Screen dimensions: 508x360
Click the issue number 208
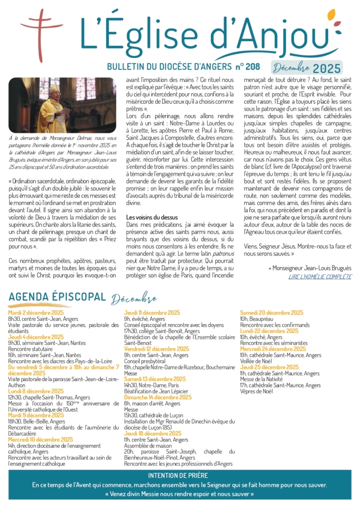(x=253, y=66)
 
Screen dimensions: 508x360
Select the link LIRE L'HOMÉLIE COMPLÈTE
(x=320, y=276)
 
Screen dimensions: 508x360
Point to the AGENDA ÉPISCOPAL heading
(x=57, y=297)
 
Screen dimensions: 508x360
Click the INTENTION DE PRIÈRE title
(x=180, y=475)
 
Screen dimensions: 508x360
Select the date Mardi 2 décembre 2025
(x=36, y=313)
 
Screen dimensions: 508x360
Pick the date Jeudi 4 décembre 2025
(x=36, y=337)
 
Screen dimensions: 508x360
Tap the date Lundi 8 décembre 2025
(x=36, y=391)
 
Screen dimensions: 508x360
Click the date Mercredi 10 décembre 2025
(x=40, y=440)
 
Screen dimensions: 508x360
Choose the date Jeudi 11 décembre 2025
(x=152, y=313)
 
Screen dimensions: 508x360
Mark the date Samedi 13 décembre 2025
(x=154, y=379)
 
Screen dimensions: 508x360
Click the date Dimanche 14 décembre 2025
(x=157, y=397)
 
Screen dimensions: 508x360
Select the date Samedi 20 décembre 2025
(x=272, y=313)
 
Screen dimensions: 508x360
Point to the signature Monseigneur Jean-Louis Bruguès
(x=310, y=268)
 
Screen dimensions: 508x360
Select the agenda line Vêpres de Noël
(x=256, y=391)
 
